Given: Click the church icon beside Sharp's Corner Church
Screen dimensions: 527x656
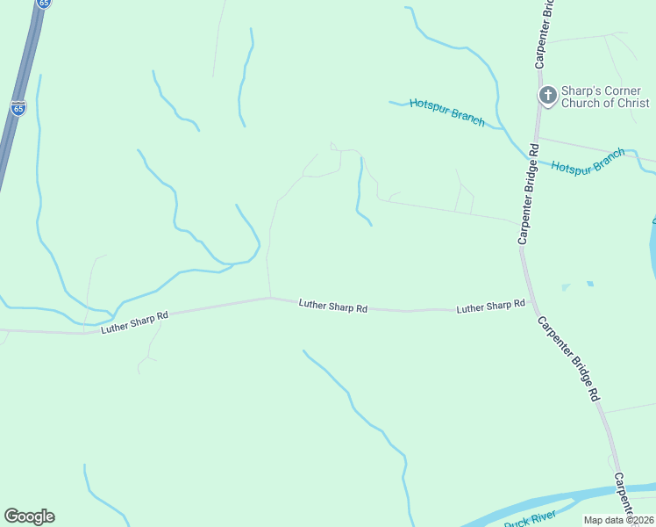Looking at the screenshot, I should tap(547, 95).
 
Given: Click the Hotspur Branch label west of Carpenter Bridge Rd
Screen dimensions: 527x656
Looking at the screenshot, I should tap(446, 113).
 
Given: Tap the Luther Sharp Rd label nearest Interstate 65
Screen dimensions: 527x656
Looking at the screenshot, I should tap(134, 321).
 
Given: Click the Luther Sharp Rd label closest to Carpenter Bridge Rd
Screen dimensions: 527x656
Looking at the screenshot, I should tap(490, 307).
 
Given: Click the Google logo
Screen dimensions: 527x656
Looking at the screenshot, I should tap(29, 516).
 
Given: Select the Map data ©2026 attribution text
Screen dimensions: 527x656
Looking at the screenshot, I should tap(619, 520).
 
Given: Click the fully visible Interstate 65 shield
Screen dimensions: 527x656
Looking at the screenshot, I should tap(18, 108).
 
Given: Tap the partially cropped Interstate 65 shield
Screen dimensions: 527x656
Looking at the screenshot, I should tap(45, 4).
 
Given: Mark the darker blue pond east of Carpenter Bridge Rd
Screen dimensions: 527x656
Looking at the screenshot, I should tap(590, 284).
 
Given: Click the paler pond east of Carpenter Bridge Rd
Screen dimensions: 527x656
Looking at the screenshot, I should tap(566, 287).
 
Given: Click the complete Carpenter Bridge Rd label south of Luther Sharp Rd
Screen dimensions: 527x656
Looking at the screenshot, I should tap(568, 359).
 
